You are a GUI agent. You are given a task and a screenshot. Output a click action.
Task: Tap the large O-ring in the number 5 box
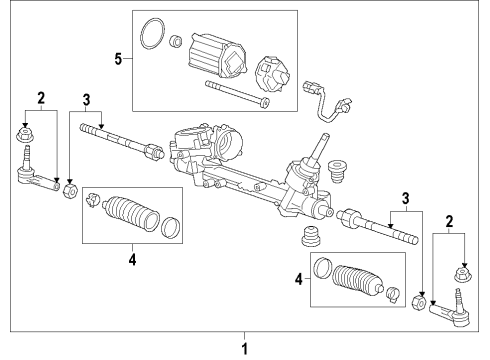tap(152, 33)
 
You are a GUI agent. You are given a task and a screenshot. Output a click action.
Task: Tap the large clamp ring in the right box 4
tap(323, 268)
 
